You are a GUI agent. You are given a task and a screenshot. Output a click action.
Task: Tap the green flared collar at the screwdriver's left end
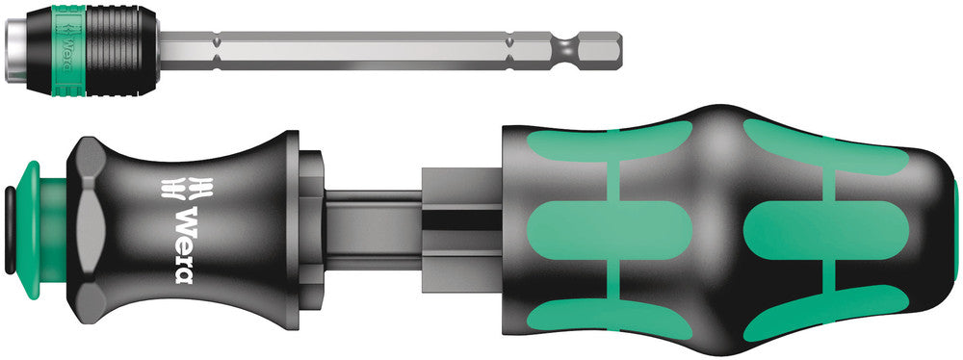29,218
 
